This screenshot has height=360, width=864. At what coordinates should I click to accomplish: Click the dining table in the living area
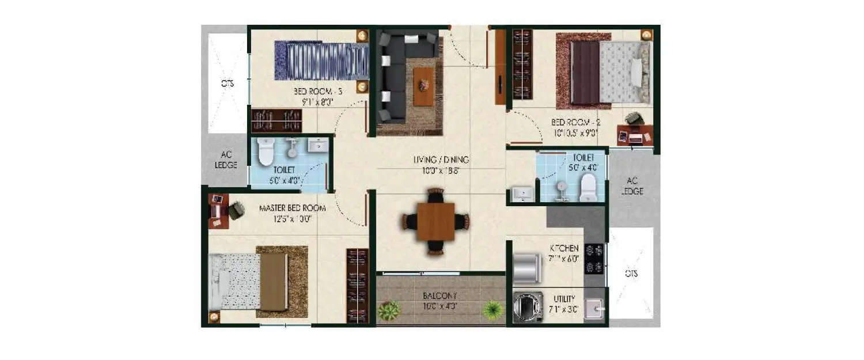tap(436, 221)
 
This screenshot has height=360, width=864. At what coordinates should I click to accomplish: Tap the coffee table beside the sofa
tap(423, 86)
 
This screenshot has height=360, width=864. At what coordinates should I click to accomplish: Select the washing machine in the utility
tap(528, 307)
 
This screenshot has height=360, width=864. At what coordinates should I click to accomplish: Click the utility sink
tap(594, 309)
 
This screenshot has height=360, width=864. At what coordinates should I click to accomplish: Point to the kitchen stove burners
tap(594, 259)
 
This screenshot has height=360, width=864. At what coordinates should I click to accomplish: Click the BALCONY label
tap(440, 296)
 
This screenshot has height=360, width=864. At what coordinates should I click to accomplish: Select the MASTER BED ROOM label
tap(292, 208)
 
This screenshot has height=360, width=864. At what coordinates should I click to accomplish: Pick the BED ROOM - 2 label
tap(574, 122)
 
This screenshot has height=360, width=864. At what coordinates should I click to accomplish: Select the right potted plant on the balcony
tap(493, 310)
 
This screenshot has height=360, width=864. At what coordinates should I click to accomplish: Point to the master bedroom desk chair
tap(236, 210)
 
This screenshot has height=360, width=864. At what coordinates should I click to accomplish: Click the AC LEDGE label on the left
tap(226, 160)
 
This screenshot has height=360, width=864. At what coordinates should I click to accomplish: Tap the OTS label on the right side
tap(632, 274)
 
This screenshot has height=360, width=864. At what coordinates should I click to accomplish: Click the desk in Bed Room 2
tap(635, 135)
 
